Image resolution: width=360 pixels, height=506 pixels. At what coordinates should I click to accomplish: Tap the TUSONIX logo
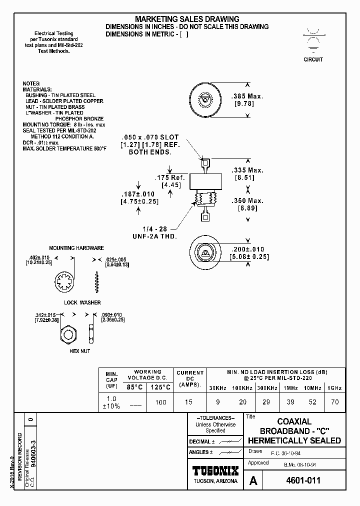[x=215, y=470]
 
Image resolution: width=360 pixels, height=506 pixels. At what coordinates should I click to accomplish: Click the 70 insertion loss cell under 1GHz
[x=334, y=401]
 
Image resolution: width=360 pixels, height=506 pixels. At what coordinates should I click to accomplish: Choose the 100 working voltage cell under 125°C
[x=160, y=402]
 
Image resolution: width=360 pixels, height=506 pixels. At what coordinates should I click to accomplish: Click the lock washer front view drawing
[x=64, y=283]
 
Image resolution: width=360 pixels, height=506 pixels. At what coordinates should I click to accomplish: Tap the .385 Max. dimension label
[x=246, y=96]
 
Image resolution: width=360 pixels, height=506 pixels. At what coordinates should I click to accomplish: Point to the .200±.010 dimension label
[x=247, y=249]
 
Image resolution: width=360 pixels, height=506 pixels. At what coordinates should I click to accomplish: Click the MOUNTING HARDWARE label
[x=76, y=248]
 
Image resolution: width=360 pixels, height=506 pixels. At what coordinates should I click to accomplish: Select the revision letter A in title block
[x=253, y=481]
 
